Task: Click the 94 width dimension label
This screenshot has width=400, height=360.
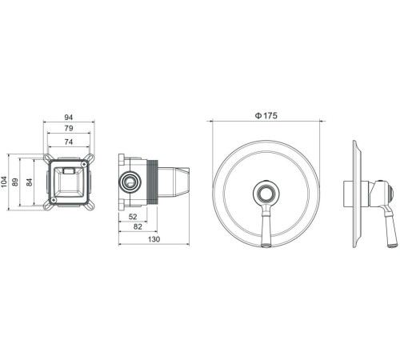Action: point(69,117)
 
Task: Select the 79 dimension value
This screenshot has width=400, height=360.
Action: point(69,128)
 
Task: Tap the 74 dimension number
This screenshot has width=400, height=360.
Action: point(69,142)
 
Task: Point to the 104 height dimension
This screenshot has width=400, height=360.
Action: point(4,182)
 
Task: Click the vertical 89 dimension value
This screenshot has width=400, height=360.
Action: point(15,182)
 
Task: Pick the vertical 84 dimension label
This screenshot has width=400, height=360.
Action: point(29,182)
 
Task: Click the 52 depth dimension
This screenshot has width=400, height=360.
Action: point(133,217)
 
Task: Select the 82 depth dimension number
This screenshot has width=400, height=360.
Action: point(138,226)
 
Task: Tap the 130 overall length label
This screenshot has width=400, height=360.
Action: point(154,239)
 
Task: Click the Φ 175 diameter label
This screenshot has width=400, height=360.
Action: point(266,115)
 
